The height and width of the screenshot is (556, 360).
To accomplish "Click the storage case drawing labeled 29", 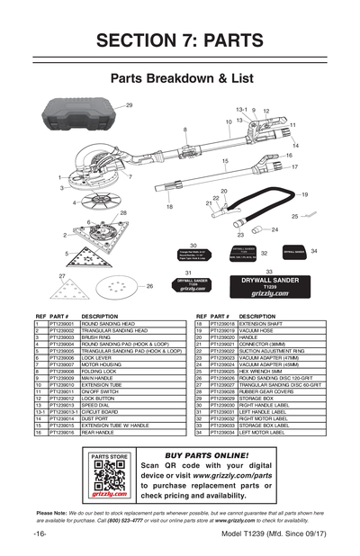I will pyautogui.click(x=80, y=120).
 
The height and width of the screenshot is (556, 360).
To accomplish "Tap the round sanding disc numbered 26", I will pyautogui.click(x=115, y=288).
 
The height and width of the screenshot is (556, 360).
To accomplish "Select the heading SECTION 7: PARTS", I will pyautogui.click(x=179, y=41).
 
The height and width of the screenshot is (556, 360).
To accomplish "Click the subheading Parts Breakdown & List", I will pyautogui.click(x=179, y=78).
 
